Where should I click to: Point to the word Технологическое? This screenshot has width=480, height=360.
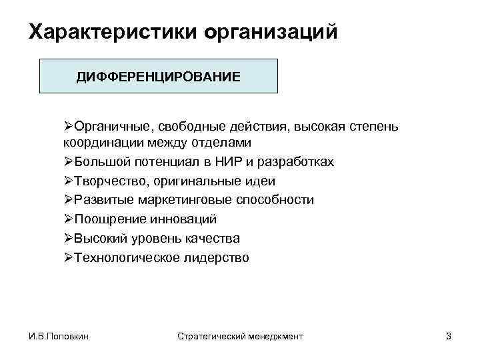(125, 257)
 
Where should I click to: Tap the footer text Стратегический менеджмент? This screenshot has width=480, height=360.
(241, 337)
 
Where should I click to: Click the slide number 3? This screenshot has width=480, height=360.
(448, 337)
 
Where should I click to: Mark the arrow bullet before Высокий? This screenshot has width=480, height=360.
(68, 238)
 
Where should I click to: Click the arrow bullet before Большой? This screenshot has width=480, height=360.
(68, 162)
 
